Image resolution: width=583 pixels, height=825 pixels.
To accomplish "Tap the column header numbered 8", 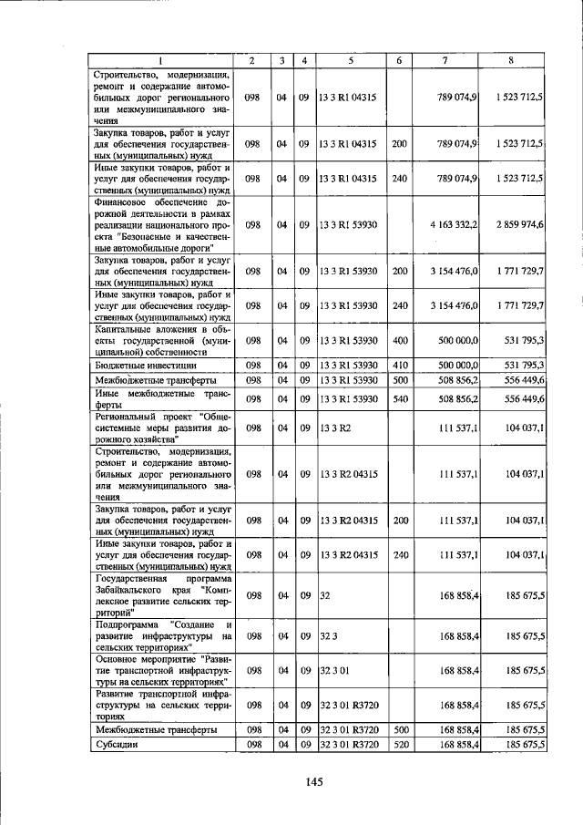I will coord(513,60).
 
